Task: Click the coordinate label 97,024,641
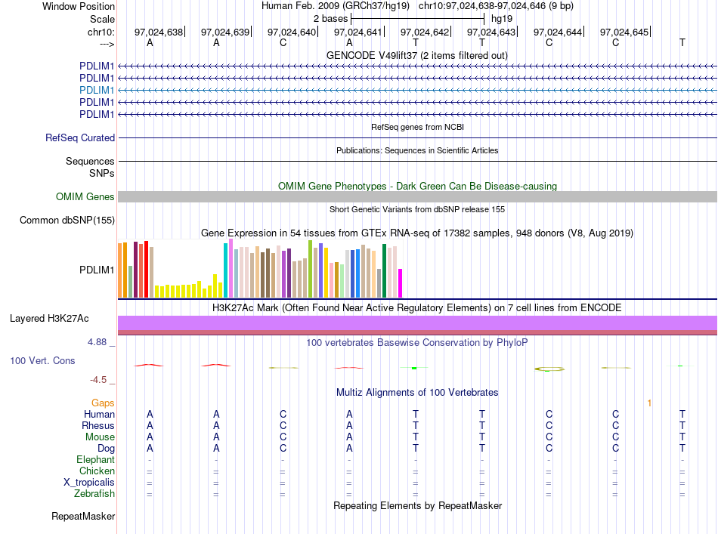(357, 32)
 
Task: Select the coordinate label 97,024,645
(624, 32)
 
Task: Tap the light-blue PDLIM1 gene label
(97, 90)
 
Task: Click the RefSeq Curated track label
(80, 137)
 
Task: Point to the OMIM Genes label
(85, 197)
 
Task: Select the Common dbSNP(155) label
(67, 220)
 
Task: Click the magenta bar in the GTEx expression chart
(400, 283)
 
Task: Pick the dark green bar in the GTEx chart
(384, 271)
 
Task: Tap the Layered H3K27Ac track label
(49, 319)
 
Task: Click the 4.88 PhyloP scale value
(97, 342)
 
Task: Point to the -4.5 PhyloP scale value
(98, 380)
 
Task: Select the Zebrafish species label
(94, 494)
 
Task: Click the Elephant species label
(96, 459)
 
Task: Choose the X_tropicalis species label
(89, 483)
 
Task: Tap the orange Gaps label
(103, 403)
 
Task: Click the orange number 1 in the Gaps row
(649, 403)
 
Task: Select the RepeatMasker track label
(83, 516)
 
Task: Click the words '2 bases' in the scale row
(330, 19)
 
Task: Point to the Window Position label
(79, 6)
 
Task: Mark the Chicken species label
(97, 471)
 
